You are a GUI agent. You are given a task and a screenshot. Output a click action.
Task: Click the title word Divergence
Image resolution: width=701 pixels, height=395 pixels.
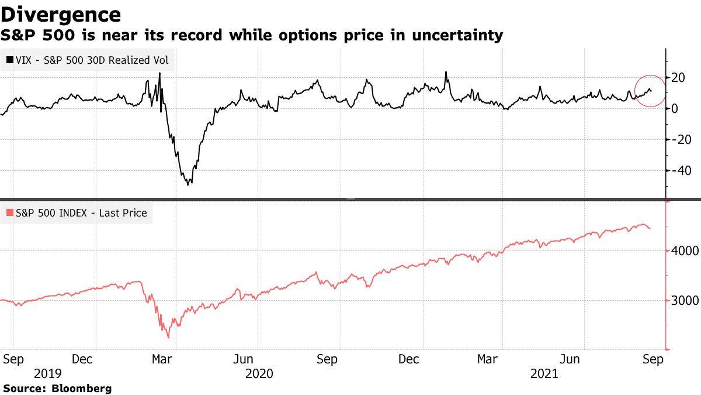(61, 14)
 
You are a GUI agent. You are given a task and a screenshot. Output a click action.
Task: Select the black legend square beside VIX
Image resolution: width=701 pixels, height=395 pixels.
(10, 60)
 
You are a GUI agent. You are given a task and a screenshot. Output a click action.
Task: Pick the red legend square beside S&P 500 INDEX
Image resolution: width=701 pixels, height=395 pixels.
(10, 213)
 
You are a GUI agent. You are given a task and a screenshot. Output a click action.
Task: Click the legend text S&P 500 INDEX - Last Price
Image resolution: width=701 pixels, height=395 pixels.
(82, 213)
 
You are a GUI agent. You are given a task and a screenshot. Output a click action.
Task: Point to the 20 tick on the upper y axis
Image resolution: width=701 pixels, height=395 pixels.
(679, 78)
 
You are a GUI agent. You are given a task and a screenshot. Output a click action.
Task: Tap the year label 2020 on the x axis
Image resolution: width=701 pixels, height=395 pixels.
(259, 373)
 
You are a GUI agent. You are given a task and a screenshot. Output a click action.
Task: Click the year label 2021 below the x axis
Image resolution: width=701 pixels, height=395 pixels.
(545, 373)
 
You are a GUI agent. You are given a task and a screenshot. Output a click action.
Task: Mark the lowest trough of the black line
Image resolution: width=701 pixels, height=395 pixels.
(189, 185)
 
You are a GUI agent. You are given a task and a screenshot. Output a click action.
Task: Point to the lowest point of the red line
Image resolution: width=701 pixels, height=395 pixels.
(169, 338)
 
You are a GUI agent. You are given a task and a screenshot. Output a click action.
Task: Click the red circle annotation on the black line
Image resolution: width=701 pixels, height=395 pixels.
(650, 91)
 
